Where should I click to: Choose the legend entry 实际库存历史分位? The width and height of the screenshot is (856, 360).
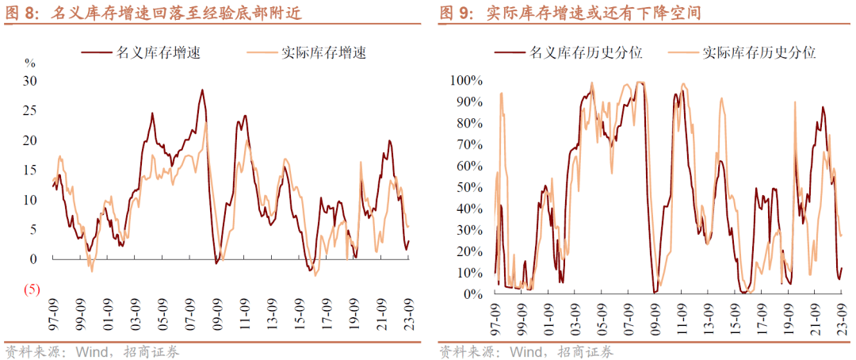(759, 53)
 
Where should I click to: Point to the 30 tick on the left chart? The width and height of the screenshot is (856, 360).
(30, 80)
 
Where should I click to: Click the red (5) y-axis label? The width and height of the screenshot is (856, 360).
(32, 289)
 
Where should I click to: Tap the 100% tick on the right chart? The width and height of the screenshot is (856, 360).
(466, 80)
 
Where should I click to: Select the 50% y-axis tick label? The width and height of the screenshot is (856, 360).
(469, 187)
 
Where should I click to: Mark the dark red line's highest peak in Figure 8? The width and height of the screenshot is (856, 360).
(202, 90)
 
